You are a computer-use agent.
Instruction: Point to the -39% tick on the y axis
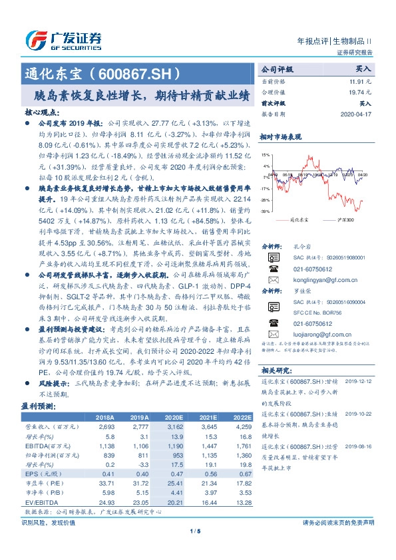[x=266, y=211]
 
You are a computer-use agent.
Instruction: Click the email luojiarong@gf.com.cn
[x=313, y=337]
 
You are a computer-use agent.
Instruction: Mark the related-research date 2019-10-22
[x=360, y=411]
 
